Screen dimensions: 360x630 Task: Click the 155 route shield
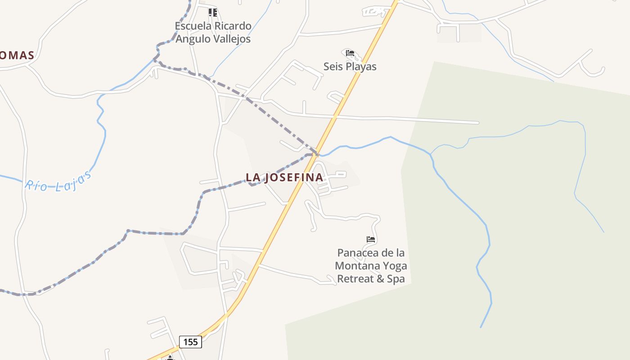tap(190, 342)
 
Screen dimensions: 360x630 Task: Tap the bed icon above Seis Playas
tap(350, 54)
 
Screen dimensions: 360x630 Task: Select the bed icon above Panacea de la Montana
tap(371, 239)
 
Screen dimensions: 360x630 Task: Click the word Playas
tap(360, 67)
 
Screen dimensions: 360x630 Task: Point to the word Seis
tap(332, 67)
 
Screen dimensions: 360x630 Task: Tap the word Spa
tap(396, 279)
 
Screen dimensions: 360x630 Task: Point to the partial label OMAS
tap(17, 55)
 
